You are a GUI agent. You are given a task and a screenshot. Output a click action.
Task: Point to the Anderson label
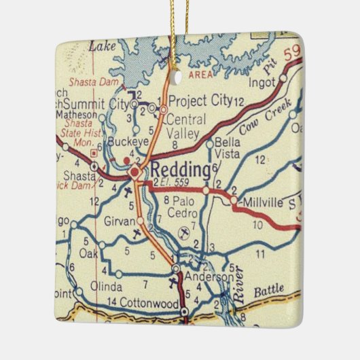(x=205, y=277)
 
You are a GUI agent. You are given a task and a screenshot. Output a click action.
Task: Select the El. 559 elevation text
(x=175, y=183)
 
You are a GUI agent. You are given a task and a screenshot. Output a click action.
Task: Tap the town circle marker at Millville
(x=234, y=201)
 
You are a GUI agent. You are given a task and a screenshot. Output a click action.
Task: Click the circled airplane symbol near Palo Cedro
(x=182, y=233)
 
